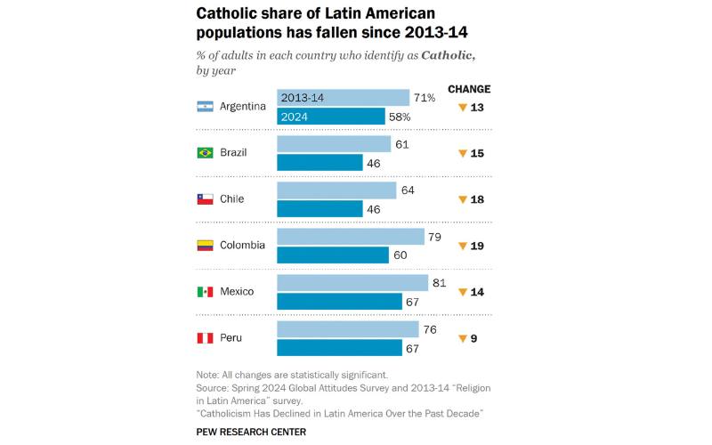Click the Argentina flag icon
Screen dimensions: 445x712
tap(205, 107)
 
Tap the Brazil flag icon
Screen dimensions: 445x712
tap(205, 153)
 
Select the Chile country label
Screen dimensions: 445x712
tap(232, 199)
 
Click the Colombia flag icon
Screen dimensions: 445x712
tap(205, 246)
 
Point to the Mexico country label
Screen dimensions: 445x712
tap(238, 292)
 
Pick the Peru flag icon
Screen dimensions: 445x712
tap(205, 338)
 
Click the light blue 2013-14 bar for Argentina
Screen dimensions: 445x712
tap(343, 98)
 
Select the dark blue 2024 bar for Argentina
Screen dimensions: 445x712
tap(331, 117)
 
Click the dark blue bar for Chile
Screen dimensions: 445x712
tap(320, 209)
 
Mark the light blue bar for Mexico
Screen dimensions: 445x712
tap(352, 283)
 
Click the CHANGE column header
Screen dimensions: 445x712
tap(468, 89)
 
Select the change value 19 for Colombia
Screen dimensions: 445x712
tap(477, 246)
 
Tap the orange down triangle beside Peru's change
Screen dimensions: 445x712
tap(462, 339)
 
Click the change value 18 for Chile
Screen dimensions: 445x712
tap(477, 199)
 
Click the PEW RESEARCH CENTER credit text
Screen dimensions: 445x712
tap(251, 432)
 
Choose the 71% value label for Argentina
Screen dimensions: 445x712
tap(424, 98)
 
